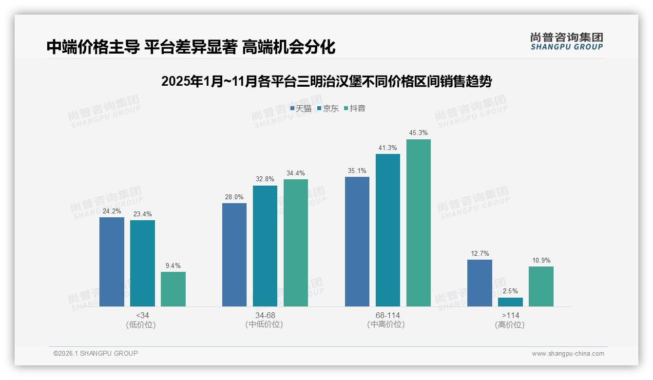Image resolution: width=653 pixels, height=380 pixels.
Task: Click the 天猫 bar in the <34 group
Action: [112, 262]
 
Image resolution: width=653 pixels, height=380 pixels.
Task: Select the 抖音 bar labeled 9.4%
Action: [173, 289]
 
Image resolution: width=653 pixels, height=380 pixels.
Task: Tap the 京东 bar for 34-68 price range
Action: [265, 246]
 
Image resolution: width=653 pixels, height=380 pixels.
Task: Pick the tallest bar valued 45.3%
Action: [419, 223]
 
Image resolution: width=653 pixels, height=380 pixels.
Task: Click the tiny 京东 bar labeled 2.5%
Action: [510, 302]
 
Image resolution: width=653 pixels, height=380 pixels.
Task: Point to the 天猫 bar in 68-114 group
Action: [357, 242]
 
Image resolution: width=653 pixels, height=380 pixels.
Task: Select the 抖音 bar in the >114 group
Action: [541, 286]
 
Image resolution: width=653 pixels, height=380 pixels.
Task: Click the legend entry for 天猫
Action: [301, 109]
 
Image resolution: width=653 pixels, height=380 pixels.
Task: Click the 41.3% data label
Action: [387, 148]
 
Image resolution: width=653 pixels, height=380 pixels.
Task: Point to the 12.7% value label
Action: [480, 253]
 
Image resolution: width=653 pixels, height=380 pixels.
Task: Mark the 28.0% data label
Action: [234, 197]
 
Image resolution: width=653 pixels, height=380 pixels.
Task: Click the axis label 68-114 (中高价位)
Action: [387, 320]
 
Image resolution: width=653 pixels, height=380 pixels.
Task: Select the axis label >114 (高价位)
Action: [510, 320]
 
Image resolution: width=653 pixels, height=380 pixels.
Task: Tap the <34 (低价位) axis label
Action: [142, 320]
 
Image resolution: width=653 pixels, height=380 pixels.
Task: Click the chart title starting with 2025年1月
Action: [326, 81]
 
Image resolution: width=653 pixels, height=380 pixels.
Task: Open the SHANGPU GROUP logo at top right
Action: [566, 41]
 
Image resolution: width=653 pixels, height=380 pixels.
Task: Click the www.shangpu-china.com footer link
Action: [568, 354]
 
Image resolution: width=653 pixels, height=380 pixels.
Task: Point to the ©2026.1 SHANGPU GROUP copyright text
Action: [96, 353]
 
